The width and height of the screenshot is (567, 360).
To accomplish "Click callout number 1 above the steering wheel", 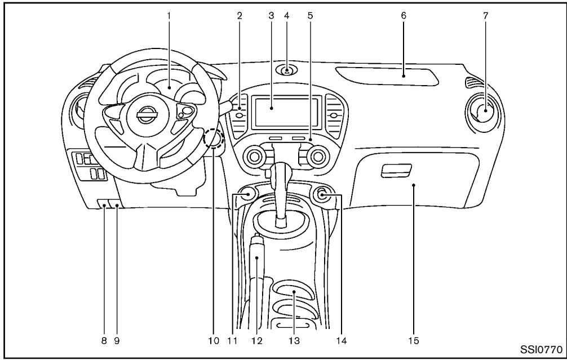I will coord(169,15).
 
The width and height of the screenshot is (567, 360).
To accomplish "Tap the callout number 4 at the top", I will coord(287,15).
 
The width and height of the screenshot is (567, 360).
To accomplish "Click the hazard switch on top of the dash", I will coord(287,72).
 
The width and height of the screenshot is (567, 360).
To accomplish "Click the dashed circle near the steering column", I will coord(214,138).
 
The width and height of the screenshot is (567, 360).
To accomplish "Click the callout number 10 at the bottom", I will coord(214,340).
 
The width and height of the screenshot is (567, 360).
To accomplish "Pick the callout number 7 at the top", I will coord(485,15).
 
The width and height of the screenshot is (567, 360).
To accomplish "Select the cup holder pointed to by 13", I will coord(294,294).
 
